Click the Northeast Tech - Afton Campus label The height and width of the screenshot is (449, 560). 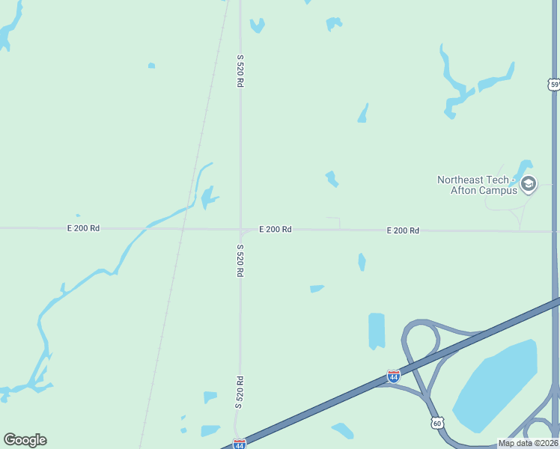pos(477,185)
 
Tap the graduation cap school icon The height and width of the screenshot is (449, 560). pos(529,183)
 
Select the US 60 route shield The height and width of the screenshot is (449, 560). pos(436,424)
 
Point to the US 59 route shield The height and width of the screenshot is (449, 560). pos(554,85)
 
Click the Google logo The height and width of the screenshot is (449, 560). pos(25,440)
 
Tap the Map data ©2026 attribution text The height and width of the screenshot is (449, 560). pos(528,443)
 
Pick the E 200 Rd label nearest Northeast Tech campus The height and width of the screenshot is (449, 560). pos(403,230)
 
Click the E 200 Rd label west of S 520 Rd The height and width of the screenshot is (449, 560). pos(83,227)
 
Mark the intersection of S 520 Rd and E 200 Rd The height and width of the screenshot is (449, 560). pos(240,229)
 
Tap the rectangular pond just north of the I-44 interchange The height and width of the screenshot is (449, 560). pos(377,330)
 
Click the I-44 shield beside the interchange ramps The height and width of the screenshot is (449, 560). pos(393,376)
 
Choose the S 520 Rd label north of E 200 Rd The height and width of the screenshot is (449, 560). pos(240,71)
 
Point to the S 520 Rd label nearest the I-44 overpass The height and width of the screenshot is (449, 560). pos(240,391)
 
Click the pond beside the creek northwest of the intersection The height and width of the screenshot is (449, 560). pos(207,198)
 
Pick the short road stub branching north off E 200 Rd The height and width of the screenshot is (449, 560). pos(339,223)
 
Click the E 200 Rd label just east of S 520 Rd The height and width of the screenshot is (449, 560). pos(276,229)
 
